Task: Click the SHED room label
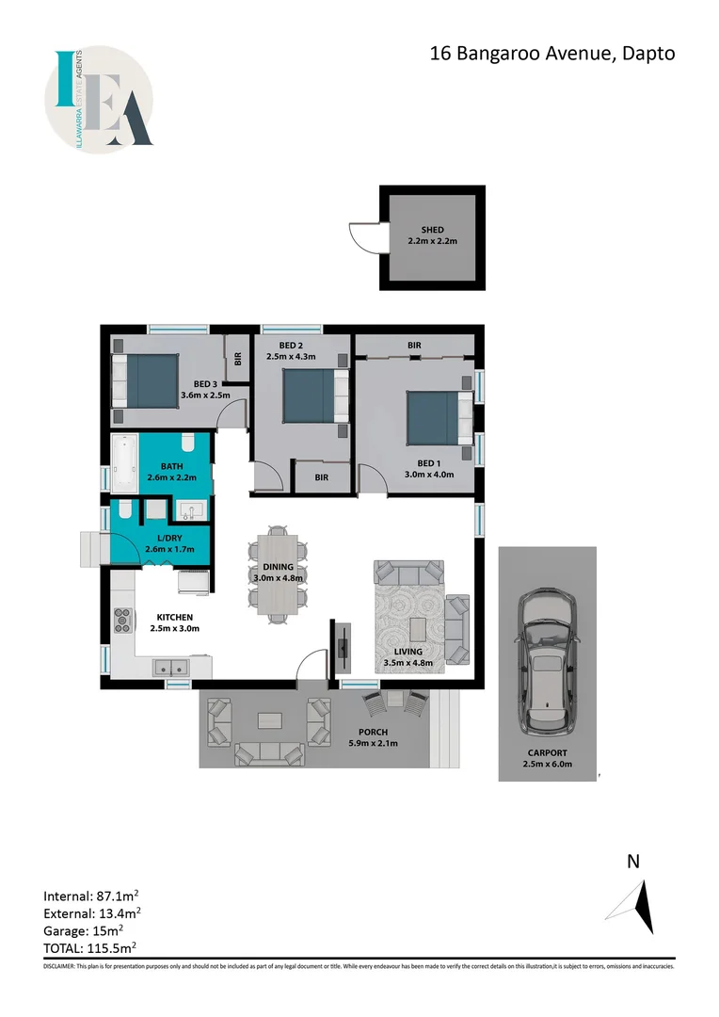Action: click(x=433, y=230)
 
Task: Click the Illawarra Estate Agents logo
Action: click(x=99, y=99)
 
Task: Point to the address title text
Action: click(x=552, y=54)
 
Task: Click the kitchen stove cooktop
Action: click(x=122, y=618)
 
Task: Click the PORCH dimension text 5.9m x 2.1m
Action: click(x=374, y=743)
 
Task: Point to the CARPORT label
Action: click(x=547, y=752)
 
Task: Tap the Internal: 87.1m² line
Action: click(x=93, y=895)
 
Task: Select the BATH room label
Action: click(x=172, y=466)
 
